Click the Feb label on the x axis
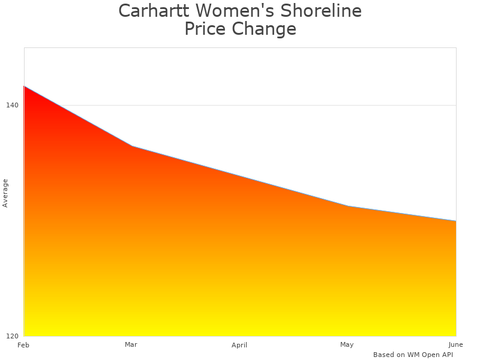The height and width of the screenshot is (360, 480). [23, 345]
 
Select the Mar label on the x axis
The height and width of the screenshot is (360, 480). [131, 344]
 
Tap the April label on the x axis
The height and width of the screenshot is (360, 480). [239, 345]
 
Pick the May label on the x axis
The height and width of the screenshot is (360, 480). [347, 344]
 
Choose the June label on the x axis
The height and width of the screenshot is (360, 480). [455, 344]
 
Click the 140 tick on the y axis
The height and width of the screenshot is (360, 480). [12, 105]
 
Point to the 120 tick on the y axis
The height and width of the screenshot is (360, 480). [12, 336]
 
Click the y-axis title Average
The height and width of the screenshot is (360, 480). [5, 193]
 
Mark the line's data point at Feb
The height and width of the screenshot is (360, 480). [24, 86]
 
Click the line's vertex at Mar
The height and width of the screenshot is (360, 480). [131, 146]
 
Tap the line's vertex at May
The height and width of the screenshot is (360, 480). [347, 206]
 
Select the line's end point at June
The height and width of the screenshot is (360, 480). [456, 221]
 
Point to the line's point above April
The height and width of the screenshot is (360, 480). [239, 176]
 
